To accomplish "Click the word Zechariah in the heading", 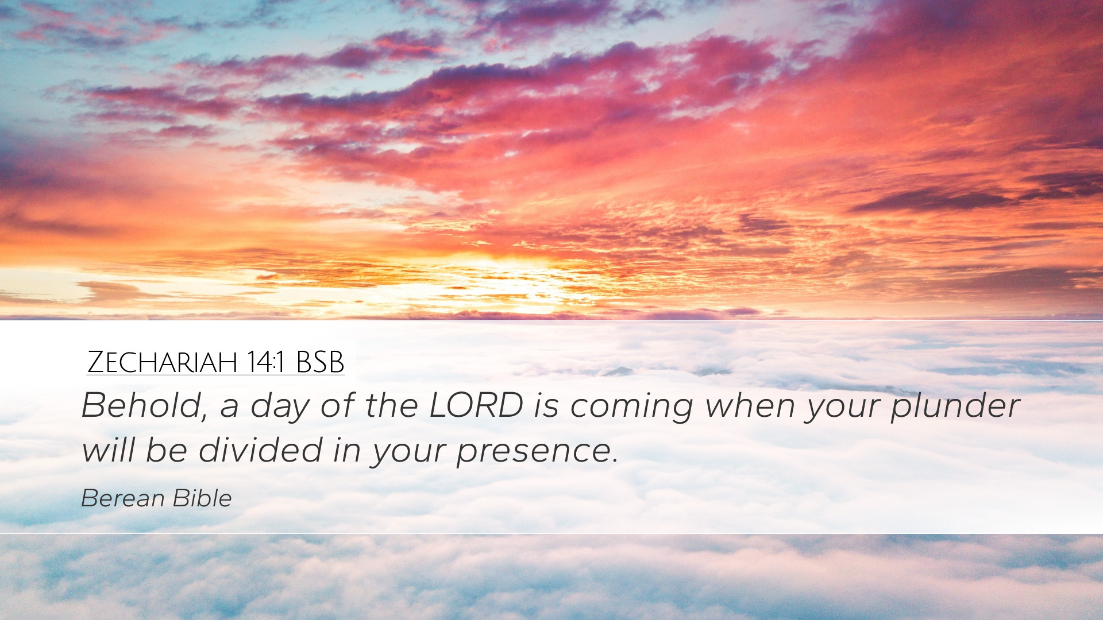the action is pyautogui.click(x=163, y=362).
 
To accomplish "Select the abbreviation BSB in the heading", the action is pyautogui.click(x=320, y=362).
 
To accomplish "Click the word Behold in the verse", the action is pyautogui.click(x=140, y=405).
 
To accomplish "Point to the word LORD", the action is pyautogui.click(x=476, y=405).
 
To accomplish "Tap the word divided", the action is pyautogui.click(x=260, y=449).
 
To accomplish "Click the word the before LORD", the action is pyautogui.click(x=391, y=405).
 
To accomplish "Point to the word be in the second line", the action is pyautogui.click(x=166, y=449).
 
